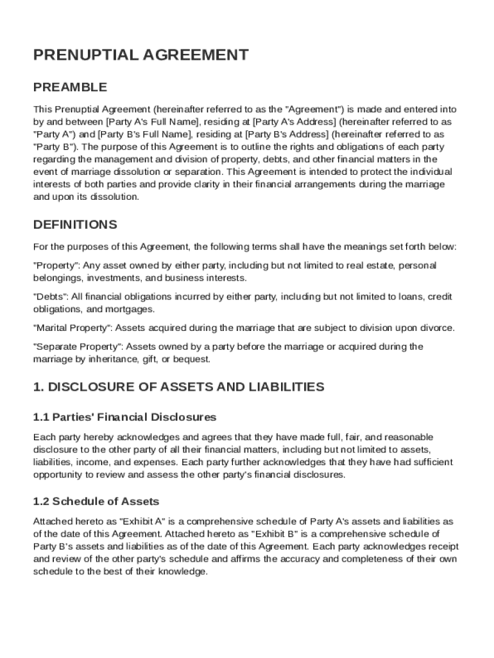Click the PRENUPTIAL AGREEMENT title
tap(141, 55)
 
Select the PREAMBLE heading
tap(70, 87)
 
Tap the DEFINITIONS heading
tap(75, 225)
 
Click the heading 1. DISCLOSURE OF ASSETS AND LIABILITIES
tap(178, 387)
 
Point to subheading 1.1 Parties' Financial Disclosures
tap(124, 417)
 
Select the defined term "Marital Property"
tap(72, 328)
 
